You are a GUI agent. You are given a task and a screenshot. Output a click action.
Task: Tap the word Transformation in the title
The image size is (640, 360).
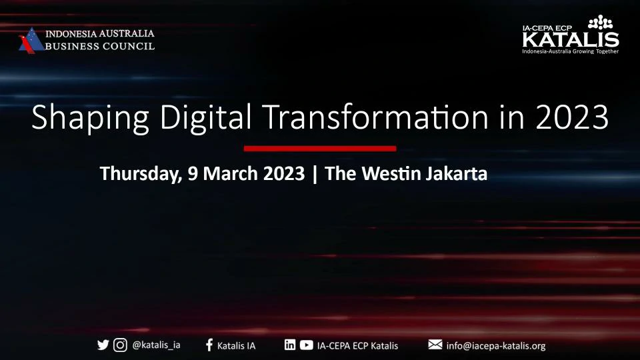[x=375, y=117]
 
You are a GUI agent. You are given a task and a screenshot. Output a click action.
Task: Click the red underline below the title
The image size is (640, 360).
[x=320, y=149]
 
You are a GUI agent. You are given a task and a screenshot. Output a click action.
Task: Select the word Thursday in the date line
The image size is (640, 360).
[x=141, y=174]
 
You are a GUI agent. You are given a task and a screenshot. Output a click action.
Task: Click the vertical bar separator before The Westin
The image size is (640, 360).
[x=315, y=174]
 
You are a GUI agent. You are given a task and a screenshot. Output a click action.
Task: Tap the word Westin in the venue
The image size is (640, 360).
[x=391, y=173]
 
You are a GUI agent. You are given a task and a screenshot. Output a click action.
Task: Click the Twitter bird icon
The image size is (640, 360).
[x=103, y=345]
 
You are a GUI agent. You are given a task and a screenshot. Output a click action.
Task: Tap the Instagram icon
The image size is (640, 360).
[x=120, y=345]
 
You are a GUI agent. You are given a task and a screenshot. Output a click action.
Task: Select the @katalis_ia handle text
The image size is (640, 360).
[x=156, y=345]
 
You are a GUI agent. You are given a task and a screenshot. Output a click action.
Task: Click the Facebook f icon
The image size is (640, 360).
[x=209, y=345]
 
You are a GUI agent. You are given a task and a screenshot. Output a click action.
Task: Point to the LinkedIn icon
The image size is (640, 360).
[x=290, y=345]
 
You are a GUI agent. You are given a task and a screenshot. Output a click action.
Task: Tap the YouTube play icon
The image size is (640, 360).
[x=307, y=345]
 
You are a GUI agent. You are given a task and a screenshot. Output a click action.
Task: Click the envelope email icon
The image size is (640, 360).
[x=435, y=345]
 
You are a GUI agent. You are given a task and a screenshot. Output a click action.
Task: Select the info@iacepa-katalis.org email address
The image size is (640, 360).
[x=496, y=346]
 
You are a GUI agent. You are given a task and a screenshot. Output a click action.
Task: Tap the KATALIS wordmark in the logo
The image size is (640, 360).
[x=571, y=39]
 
